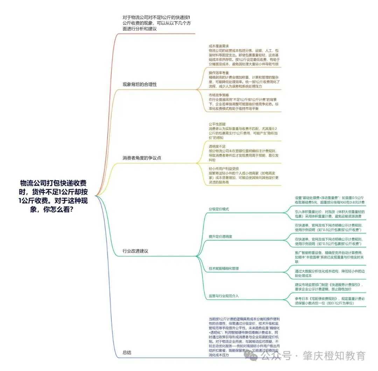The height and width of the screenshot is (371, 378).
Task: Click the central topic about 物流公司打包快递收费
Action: (52, 196)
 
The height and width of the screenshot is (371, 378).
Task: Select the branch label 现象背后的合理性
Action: (139, 85)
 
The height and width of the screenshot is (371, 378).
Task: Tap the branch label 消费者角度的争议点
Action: (142, 158)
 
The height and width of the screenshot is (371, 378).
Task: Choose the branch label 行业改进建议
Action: (135, 251)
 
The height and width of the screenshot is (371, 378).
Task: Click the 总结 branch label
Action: (127, 353)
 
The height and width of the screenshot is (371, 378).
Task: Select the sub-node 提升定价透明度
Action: (220, 237)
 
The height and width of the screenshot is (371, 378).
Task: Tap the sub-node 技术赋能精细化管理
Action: (224, 268)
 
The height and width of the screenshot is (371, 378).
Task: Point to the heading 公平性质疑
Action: (217, 124)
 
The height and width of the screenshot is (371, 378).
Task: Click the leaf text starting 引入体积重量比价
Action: (330, 214)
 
